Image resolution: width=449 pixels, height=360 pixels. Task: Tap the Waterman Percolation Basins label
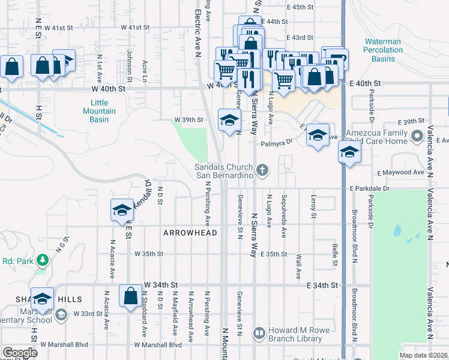pyautogui.click(x=384, y=50)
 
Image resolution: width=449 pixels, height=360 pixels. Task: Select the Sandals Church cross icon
pyautogui.click(x=262, y=172)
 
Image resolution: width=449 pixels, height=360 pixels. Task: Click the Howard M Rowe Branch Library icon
pyautogui.click(x=259, y=332)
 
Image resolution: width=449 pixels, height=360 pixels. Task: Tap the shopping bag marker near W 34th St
pyautogui.click(x=130, y=296)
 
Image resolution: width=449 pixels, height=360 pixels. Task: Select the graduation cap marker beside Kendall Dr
pyautogui.click(x=122, y=209)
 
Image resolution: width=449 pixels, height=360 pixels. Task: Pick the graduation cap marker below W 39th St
pyautogui.click(x=228, y=121)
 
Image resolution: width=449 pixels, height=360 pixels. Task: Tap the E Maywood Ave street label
pyautogui.click(x=400, y=173)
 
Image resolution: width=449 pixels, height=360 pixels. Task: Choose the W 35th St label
pyautogui.click(x=149, y=254)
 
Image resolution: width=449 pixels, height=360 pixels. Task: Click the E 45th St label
pyautogui.click(x=301, y=7)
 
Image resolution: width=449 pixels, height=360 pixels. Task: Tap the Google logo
pyautogui.click(x=20, y=353)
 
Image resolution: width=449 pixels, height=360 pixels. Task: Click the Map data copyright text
pyautogui.click(x=424, y=355)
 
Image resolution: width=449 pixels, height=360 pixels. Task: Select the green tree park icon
pyautogui.click(x=42, y=260)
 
